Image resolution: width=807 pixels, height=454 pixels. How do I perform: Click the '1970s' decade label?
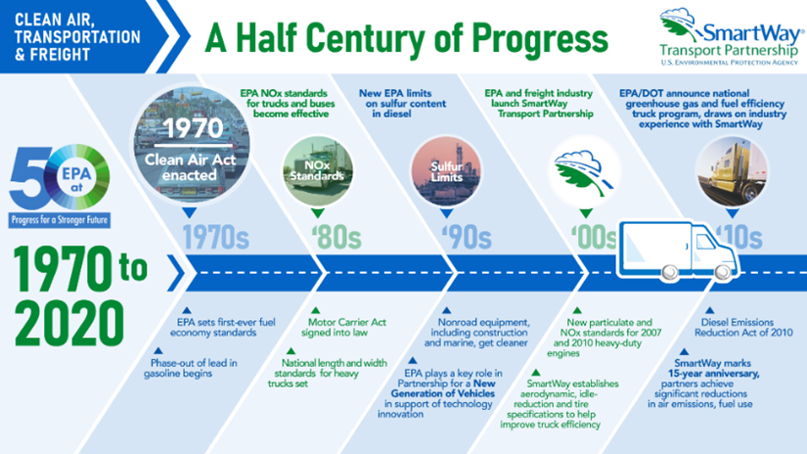[x=214, y=236]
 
